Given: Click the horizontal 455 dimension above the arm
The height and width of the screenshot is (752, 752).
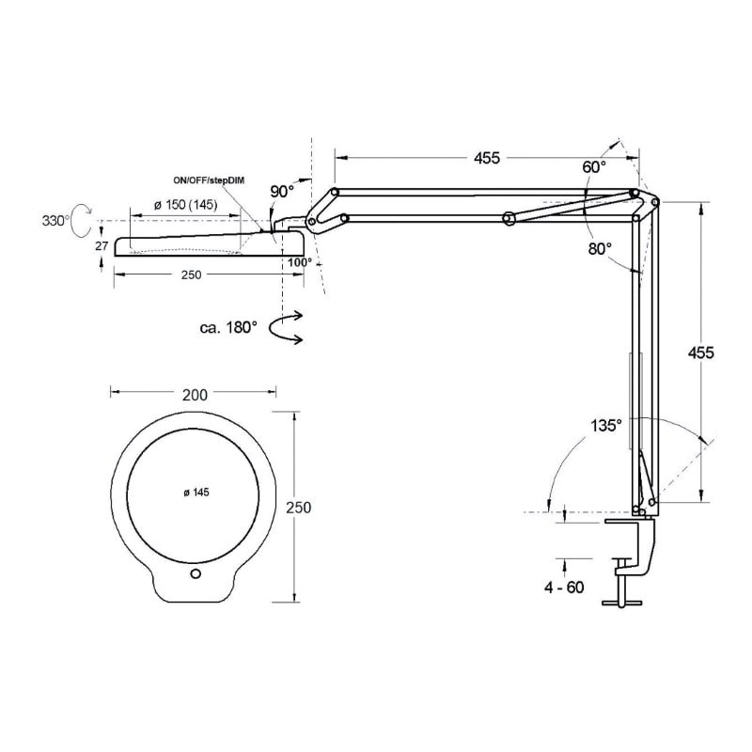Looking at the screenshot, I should coord(486,157).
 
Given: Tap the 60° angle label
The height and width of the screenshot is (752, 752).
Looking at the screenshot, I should coord(593,166).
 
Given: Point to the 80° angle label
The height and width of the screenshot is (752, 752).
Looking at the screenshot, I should coord(601,249).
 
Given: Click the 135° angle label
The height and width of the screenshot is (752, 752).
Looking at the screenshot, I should coord(605,425).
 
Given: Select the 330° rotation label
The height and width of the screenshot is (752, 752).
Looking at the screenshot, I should coord(55,221).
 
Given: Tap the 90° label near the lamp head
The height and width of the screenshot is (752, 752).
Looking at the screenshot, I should coord(282,191).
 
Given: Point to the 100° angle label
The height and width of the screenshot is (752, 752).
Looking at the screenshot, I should coord(300,262).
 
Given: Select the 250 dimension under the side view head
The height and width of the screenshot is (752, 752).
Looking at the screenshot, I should coord(192,274).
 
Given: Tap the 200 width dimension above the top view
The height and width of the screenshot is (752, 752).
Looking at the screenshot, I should coord(194,395).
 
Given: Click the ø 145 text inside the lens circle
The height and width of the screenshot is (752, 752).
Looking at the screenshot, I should coord(196,493).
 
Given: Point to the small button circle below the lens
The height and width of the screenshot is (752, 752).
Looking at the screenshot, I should coord(195,573).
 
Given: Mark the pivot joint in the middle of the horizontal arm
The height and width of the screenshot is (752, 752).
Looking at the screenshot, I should coord(508,219).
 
